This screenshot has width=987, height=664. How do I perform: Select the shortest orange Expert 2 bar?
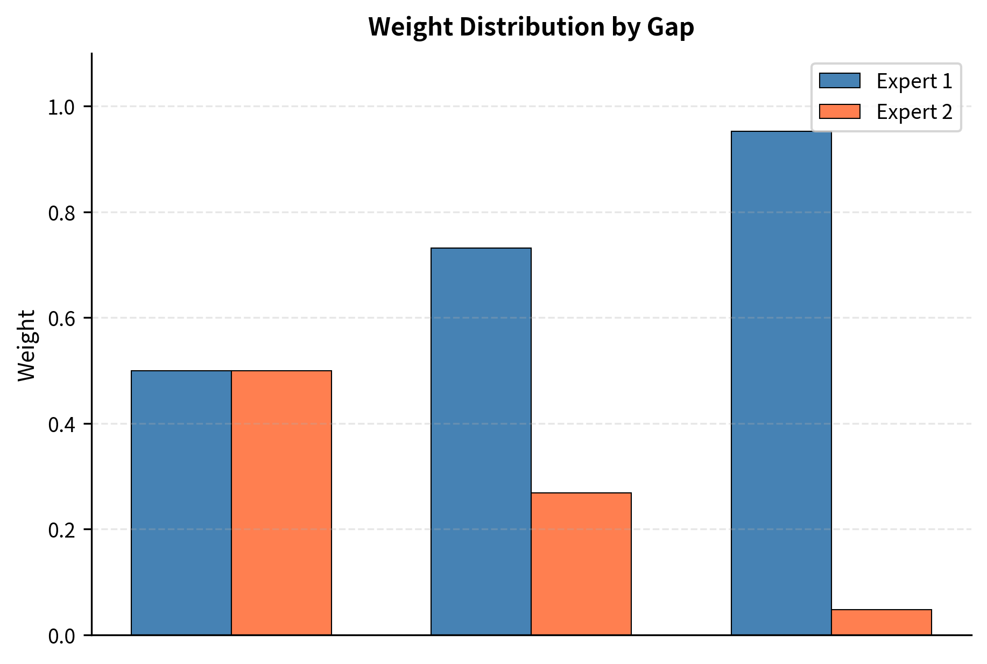pyautogui.click(x=881, y=622)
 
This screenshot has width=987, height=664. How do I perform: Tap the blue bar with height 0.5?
pyautogui.click(x=181, y=503)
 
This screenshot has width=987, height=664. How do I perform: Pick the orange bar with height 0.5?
pyautogui.click(x=281, y=503)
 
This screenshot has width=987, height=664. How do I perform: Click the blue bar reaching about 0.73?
pyautogui.click(x=481, y=441)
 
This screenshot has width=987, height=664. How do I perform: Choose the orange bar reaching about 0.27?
pyautogui.click(x=581, y=563)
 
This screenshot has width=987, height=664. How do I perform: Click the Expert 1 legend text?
pyautogui.click(x=914, y=81)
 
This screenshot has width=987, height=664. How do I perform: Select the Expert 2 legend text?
pyautogui.click(x=914, y=112)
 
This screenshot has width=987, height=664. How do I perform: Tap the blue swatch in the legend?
pyautogui.click(x=840, y=81)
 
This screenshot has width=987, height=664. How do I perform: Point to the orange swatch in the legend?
pyautogui.click(x=840, y=112)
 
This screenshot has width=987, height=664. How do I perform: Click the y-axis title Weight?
pyautogui.click(x=26, y=345)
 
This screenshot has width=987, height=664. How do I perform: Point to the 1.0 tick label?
pyautogui.click(x=61, y=107)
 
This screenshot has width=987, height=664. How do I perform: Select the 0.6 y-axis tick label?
pyautogui.click(x=61, y=319)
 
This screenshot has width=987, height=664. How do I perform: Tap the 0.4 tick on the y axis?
pyautogui.click(x=61, y=425)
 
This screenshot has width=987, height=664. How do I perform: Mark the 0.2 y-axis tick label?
pyautogui.click(x=61, y=530)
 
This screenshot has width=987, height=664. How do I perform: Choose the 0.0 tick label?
pyautogui.click(x=61, y=636)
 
